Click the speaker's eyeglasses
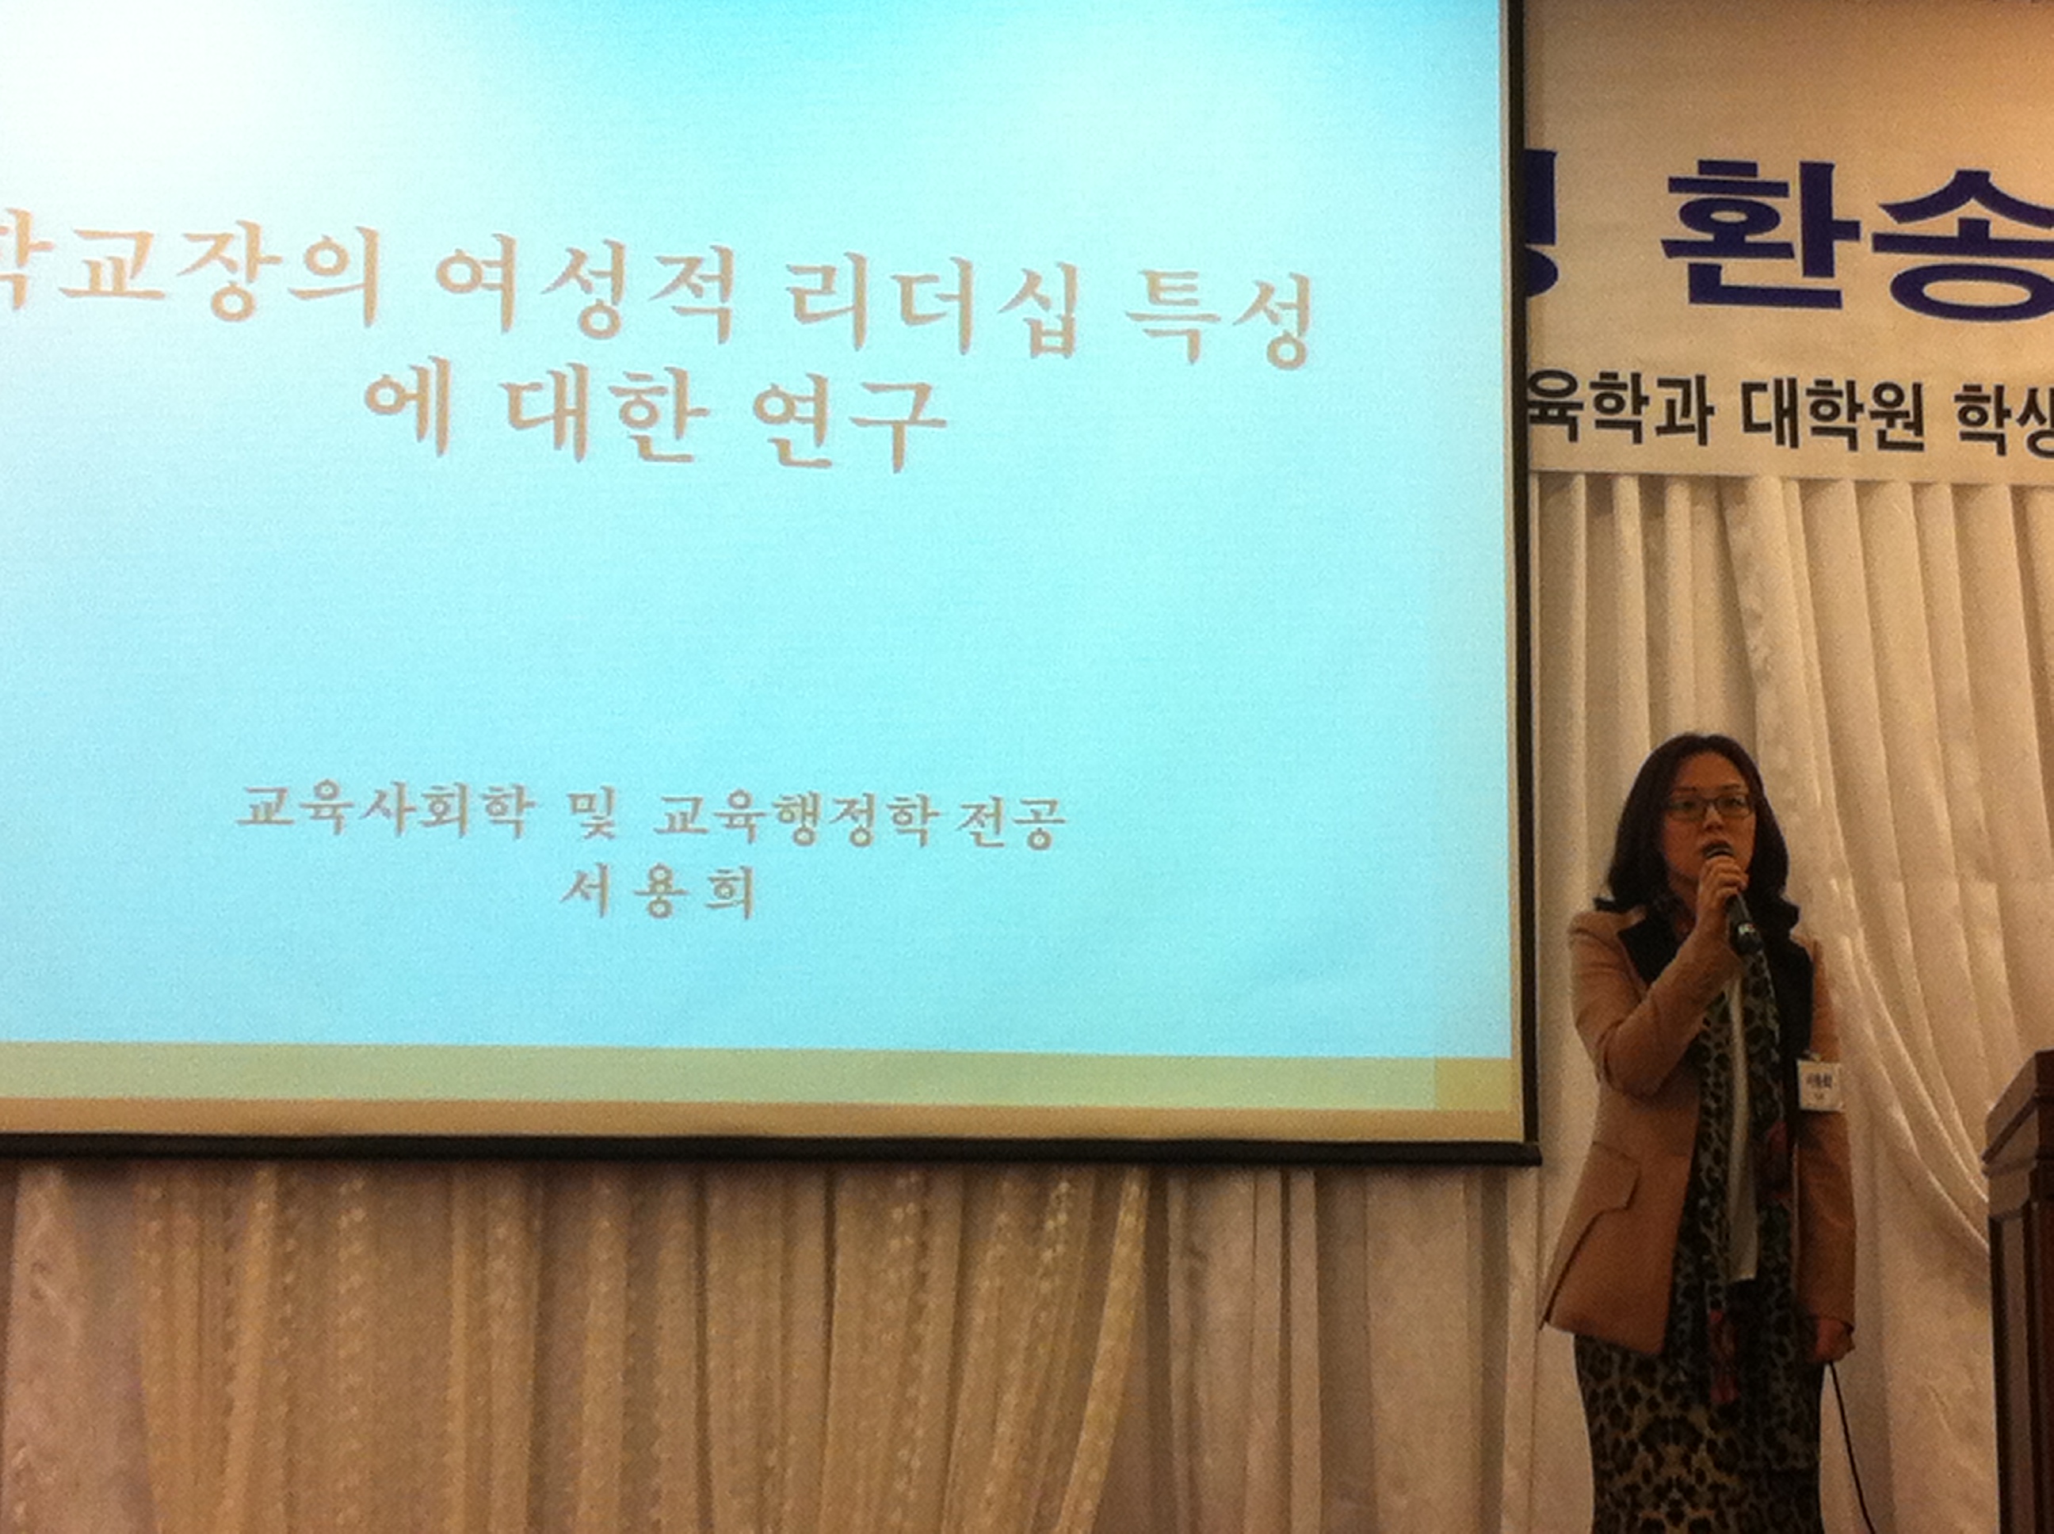(1708, 804)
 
